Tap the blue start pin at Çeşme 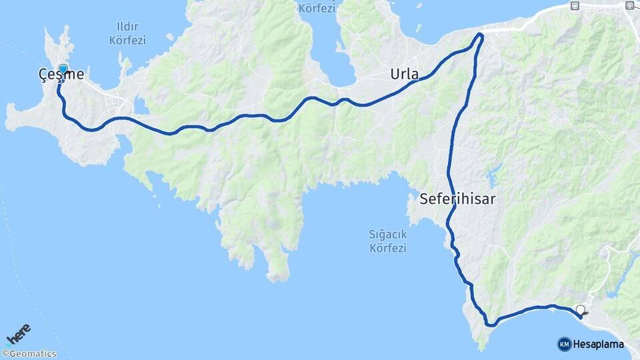[63, 69]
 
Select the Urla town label [405, 75]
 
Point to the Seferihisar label [457, 199]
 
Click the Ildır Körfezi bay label [127, 34]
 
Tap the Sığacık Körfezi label [388, 241]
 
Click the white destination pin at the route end [581, 310]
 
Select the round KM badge [564, 344]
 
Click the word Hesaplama [598, 344]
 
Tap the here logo [19, 331]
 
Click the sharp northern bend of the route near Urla [480, 37]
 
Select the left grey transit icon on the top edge [575, 5]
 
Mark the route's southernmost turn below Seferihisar [491, 324]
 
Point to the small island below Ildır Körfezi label [124, 65]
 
